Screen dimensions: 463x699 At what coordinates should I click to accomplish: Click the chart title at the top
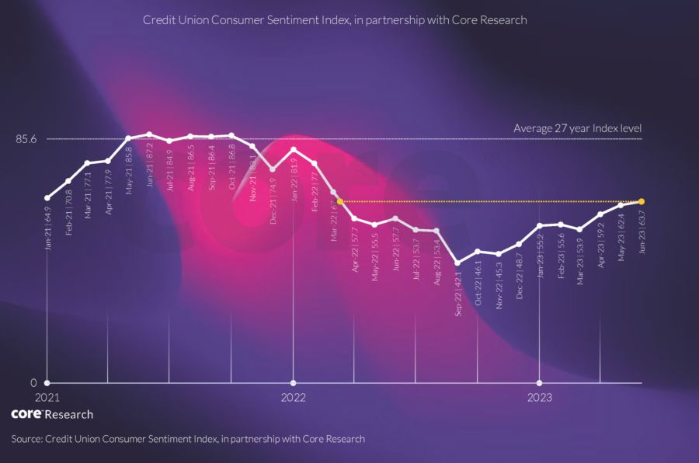335,20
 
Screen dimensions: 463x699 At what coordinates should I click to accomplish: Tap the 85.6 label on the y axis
26,139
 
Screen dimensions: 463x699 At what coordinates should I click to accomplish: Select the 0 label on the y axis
33,383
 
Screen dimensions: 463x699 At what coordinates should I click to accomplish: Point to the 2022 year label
293,398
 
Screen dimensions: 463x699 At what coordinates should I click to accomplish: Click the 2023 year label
539,398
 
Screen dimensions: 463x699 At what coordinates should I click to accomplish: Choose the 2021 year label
47,398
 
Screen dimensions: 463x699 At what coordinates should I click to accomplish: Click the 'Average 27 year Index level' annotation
577,128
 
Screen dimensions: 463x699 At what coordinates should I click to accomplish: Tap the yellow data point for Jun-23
642,201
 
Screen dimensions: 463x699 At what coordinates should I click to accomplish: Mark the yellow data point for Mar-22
340,201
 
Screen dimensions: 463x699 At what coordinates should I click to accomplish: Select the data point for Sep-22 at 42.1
457,263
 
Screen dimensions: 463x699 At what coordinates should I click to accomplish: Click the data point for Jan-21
47,198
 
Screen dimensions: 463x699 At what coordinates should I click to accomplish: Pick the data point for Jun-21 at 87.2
149,134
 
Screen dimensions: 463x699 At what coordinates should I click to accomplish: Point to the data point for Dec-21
273,169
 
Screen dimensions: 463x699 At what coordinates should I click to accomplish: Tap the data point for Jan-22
293,149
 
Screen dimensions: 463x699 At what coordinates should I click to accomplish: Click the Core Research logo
52,414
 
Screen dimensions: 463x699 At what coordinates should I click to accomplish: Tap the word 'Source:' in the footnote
27,439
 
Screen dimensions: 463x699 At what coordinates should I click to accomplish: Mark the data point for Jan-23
539,226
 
